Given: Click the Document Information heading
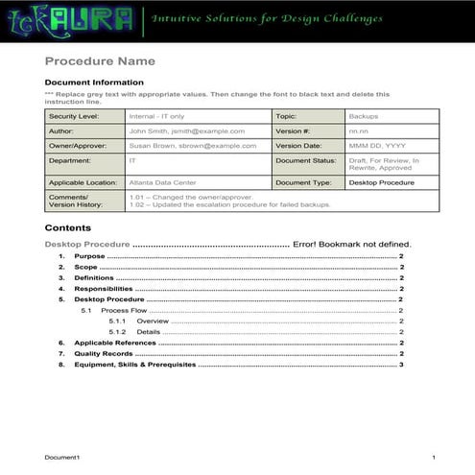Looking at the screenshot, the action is pos(94,83).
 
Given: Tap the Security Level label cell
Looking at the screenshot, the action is pos(73,116).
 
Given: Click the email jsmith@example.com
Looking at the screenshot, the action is pos(206,131).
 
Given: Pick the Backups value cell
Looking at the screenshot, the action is pos(364,116).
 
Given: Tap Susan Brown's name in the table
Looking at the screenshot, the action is pos(151,146).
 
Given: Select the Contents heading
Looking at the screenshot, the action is pos(68,228).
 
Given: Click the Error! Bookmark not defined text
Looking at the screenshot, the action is pos(352,245).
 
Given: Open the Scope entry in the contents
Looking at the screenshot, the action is pos(86,268).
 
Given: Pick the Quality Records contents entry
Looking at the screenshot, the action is pos(107,353).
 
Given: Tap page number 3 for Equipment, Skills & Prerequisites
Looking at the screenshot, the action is pos(401,365).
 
